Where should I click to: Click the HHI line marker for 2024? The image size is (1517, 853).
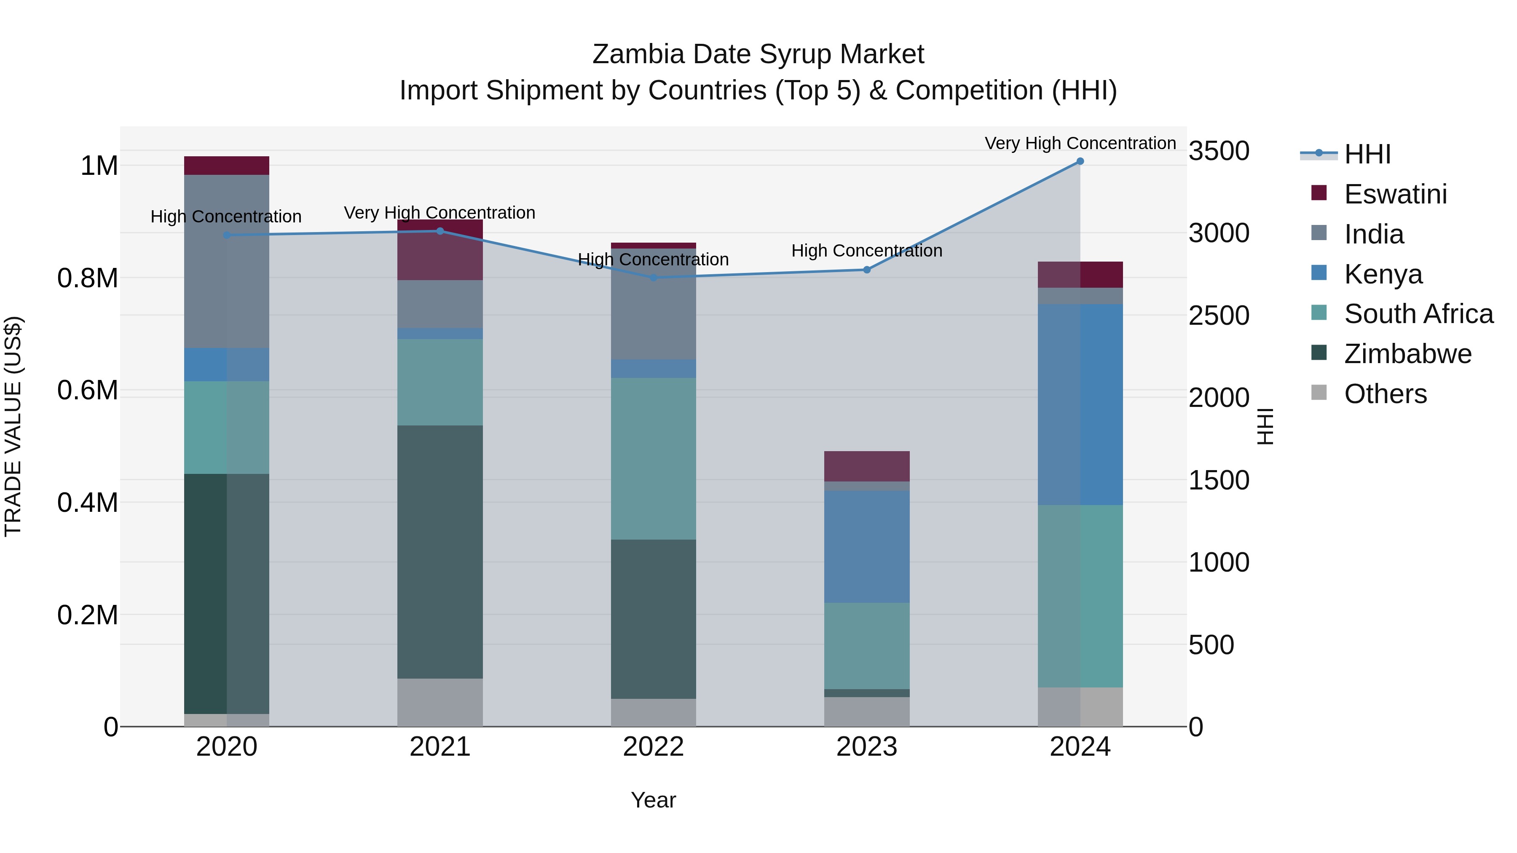pos(1080,161)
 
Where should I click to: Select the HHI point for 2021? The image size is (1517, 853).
pos(440,231)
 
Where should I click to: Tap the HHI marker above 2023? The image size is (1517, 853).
pos(867,270)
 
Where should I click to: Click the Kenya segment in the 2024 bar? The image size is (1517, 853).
pos(1080,404)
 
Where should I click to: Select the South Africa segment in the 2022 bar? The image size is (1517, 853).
pos(653,459)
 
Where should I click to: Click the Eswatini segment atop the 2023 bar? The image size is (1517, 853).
pos(867,466)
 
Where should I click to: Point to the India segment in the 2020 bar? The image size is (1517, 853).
pos(227,261)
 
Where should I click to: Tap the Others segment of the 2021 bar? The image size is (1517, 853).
pos(440,702)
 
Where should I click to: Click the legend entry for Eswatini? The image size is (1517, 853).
pos(1395,194)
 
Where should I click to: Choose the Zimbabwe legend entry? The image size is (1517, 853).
pos(1407,354)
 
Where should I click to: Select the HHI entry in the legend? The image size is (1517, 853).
pos(1367,154)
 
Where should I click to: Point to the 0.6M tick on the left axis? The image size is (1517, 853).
pos(88,390)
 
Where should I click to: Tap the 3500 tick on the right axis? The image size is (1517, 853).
pos(1218,151)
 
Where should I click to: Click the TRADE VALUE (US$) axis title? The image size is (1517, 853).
pos(13,427)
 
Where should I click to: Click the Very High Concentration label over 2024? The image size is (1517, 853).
pos(1080,143)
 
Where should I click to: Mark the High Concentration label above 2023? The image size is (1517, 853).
pos(867,251)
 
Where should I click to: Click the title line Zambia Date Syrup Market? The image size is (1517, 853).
pos(758,54)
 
